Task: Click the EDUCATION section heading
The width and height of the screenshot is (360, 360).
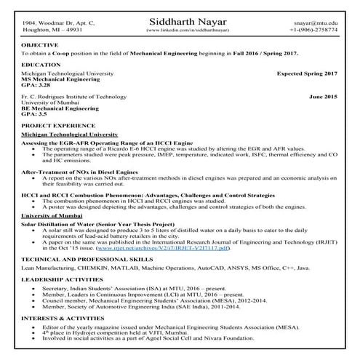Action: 41,65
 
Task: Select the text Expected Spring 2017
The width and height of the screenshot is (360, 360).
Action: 307,74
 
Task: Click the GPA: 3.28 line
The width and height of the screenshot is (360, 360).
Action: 36,85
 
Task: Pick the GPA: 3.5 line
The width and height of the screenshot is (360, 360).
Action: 34,113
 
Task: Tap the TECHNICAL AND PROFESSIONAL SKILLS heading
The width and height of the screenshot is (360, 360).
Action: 87,258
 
